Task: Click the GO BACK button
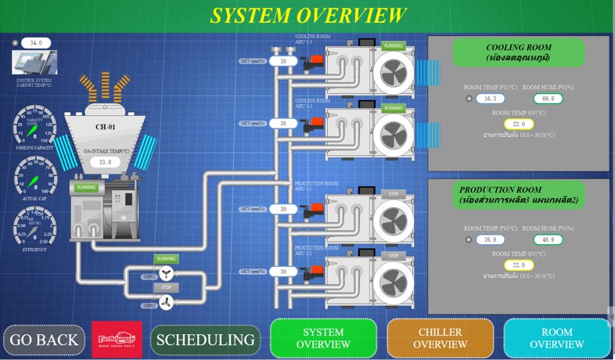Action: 44,340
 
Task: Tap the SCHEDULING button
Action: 205,340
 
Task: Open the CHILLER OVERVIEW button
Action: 441,338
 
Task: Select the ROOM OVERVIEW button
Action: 556,338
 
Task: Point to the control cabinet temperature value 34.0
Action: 36,43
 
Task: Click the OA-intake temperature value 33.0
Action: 105,162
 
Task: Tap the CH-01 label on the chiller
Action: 105,127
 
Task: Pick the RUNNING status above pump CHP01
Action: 166,259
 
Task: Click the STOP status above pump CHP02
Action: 166,287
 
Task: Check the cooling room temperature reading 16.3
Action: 490,99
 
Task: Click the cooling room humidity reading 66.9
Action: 548,99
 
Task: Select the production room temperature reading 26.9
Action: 490,239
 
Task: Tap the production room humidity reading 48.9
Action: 548,239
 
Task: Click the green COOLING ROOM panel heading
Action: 517,52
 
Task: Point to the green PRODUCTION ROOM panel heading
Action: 517,195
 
